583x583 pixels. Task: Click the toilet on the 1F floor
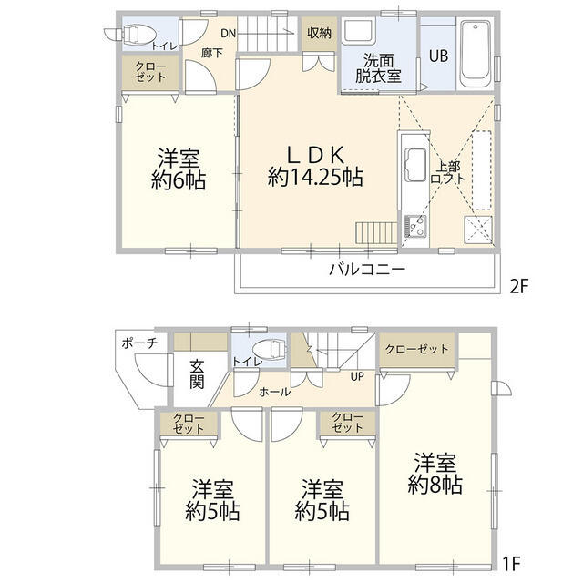pyautogui.click(x=265, y=348)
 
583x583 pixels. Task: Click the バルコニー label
pyautogui.click(x=366, y=270)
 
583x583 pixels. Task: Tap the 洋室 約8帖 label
pyautogui.click(x=435, y=473)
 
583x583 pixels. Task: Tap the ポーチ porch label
pyautogui.click(x=139, y=343)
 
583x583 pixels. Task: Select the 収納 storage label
pyautogui.click(x=319, y=34)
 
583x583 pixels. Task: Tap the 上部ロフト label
pyautogui.click(x=451, y=173)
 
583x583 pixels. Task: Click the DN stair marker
pyautogui.click(x=228, y=34)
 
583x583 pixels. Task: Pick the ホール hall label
pyautogui.click(x=275, y=392)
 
